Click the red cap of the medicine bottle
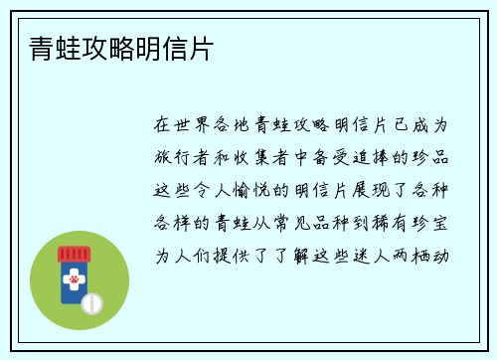[74, 255]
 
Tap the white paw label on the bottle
[74, 281]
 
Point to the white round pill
[91, 302]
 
